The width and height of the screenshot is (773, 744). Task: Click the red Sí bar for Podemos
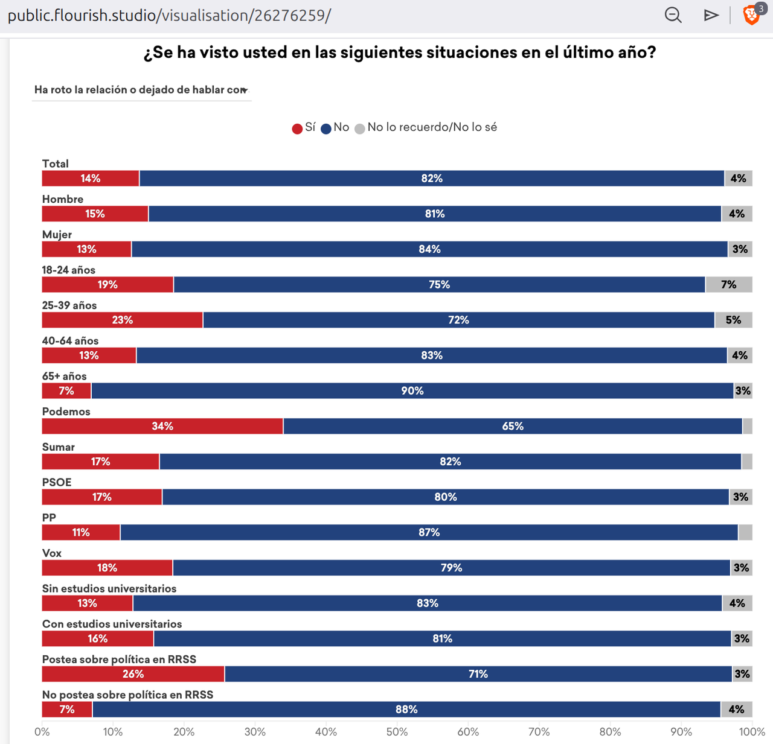click(162, 426)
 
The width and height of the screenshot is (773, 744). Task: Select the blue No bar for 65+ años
click(412, 391)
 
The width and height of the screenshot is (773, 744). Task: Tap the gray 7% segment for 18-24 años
click(728, 285)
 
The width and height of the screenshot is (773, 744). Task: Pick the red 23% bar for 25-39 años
click(122, 320)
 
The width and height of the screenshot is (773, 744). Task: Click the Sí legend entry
click(304, 127)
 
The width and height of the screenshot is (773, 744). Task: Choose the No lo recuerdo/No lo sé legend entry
click(426, 127)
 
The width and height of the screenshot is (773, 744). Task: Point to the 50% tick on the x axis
click(397, 732)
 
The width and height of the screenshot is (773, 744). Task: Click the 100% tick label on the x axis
click(752, 732)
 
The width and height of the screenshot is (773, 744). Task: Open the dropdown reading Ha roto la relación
click(141, 90)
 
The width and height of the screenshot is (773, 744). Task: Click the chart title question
click(400, 52)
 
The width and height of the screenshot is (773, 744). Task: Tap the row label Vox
click(52, 553)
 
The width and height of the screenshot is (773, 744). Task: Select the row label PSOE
click(57, 482)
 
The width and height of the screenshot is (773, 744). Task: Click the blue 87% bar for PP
click(429, 532)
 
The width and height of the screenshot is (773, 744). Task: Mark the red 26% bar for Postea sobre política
click(133, 674)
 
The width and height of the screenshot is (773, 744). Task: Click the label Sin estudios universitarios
click(109, 588)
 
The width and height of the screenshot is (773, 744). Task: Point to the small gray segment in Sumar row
click(747, 462)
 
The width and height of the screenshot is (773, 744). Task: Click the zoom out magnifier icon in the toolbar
click(673, 15)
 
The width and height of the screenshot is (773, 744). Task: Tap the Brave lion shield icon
click(751, 15)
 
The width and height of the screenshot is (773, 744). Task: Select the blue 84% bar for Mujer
click(429, 249)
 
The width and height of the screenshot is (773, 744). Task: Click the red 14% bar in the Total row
click(91, 179)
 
